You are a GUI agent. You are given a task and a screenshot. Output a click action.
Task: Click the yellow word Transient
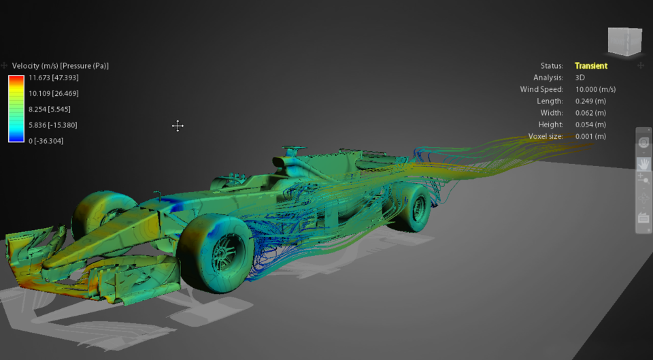(591, 66)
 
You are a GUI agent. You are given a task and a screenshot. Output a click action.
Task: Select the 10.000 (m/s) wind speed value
(596, 89)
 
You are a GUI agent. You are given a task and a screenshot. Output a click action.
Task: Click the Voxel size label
(546, 136)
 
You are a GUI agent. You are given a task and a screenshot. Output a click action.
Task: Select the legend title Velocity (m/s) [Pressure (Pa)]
(61, 66)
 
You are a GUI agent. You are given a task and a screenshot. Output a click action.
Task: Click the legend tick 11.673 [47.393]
(53, 78)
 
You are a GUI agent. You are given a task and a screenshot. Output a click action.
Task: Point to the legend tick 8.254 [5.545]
(49, 109)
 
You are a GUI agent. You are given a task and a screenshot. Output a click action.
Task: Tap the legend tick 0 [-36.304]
(46, 141)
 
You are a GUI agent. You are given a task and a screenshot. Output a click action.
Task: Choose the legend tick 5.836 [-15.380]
(52, 125)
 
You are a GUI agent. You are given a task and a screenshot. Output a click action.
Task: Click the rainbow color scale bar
(16, 109)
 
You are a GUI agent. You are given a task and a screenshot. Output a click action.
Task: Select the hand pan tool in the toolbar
(643, 164)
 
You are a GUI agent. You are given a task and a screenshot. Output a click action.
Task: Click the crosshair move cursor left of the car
(178, 126)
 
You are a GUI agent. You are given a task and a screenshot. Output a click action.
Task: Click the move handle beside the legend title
(5, 66)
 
